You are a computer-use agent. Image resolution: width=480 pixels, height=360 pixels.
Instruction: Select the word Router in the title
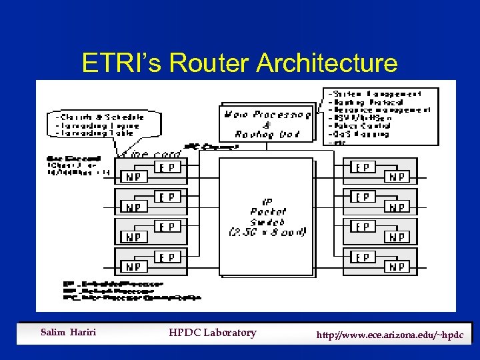(209, 63)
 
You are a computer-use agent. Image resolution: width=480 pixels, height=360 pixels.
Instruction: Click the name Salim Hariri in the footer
(68, 333)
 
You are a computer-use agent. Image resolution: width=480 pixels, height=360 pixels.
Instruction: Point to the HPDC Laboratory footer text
(212, 333)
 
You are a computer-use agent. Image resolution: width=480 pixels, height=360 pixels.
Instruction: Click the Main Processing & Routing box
(267, 123)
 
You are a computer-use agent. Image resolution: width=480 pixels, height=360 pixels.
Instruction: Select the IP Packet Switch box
(267, 217)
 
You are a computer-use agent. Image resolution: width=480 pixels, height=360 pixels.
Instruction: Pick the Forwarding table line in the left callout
(97, 133)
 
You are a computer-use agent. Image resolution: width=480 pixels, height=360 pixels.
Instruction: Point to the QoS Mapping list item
(361, 134)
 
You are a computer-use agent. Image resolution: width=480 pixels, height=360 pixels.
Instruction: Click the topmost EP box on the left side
(167, 167)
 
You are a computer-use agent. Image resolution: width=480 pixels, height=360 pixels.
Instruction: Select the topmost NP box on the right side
(399, 177)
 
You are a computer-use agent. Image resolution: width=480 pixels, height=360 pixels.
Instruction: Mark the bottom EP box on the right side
(363, 257)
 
